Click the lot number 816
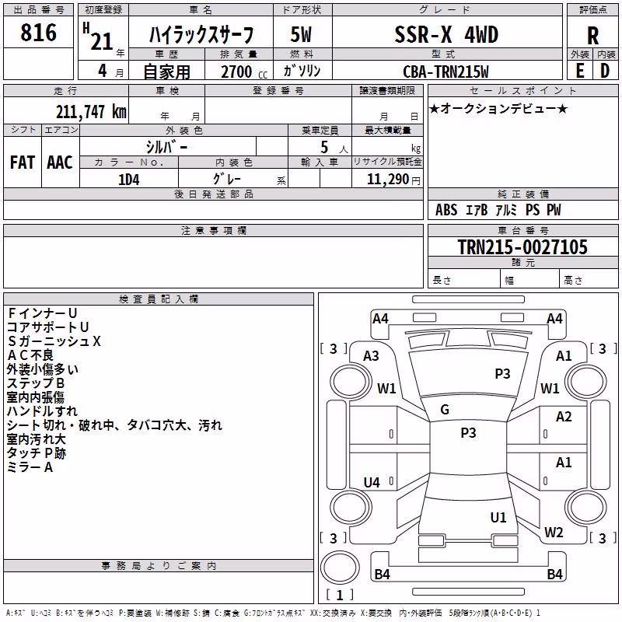[38, 33]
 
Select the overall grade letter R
[592, 36]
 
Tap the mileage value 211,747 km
[91, 112]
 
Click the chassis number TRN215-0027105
[522, 246]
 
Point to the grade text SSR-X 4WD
[446, 34]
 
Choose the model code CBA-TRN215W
[446, 72]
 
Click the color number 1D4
[129, 180]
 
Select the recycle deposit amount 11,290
[387, 180]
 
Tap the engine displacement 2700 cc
[244, 72]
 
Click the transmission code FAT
[23, 162]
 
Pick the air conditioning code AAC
[60, 162]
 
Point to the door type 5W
[301, 34]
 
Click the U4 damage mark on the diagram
[372, 482]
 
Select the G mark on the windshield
[445, 410]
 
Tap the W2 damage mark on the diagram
[554, 532]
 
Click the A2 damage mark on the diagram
[564, 417]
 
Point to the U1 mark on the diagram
[498, 517]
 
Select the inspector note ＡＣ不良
[30, 355]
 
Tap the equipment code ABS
[446, 210]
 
